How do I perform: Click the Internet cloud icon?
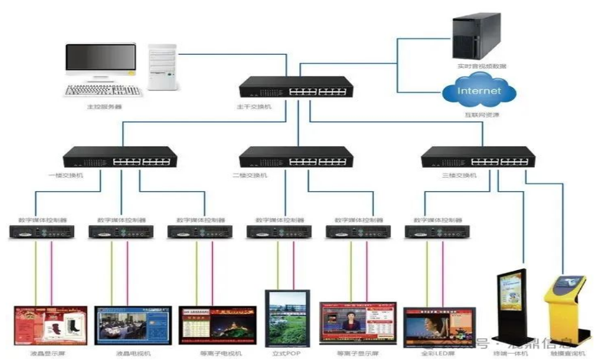pos(479,91)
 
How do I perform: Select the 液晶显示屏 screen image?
pos(51,325)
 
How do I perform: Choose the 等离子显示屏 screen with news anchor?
pos(358,324)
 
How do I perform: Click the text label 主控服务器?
pos(104,107)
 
